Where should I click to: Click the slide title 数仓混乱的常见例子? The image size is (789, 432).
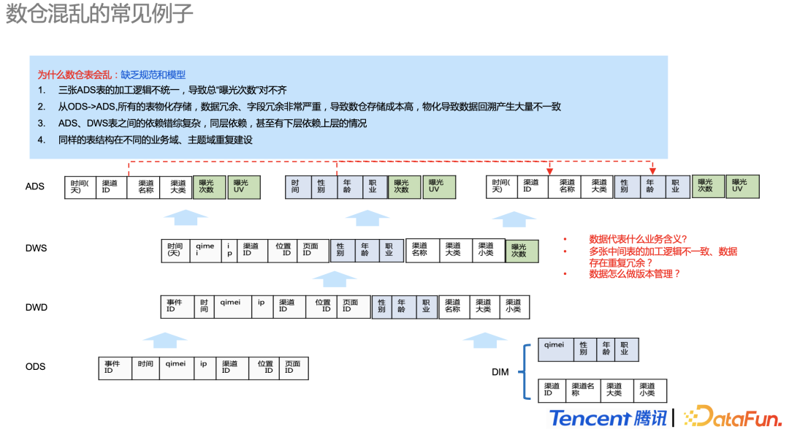click(99, 15)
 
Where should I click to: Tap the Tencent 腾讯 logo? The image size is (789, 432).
click(608, 417)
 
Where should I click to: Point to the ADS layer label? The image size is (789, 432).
click(35, 186)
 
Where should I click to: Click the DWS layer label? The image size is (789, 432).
click(36, 249)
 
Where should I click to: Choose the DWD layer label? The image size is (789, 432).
click(36, 308)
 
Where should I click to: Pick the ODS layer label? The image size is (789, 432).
click(35, 367)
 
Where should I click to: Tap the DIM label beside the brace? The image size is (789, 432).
click(500, 373)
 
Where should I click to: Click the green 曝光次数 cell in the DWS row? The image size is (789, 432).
click(521, 251)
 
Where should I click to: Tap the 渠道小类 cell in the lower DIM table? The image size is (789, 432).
click(648, 390)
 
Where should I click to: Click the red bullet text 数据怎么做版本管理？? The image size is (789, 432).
click(635, 274)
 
